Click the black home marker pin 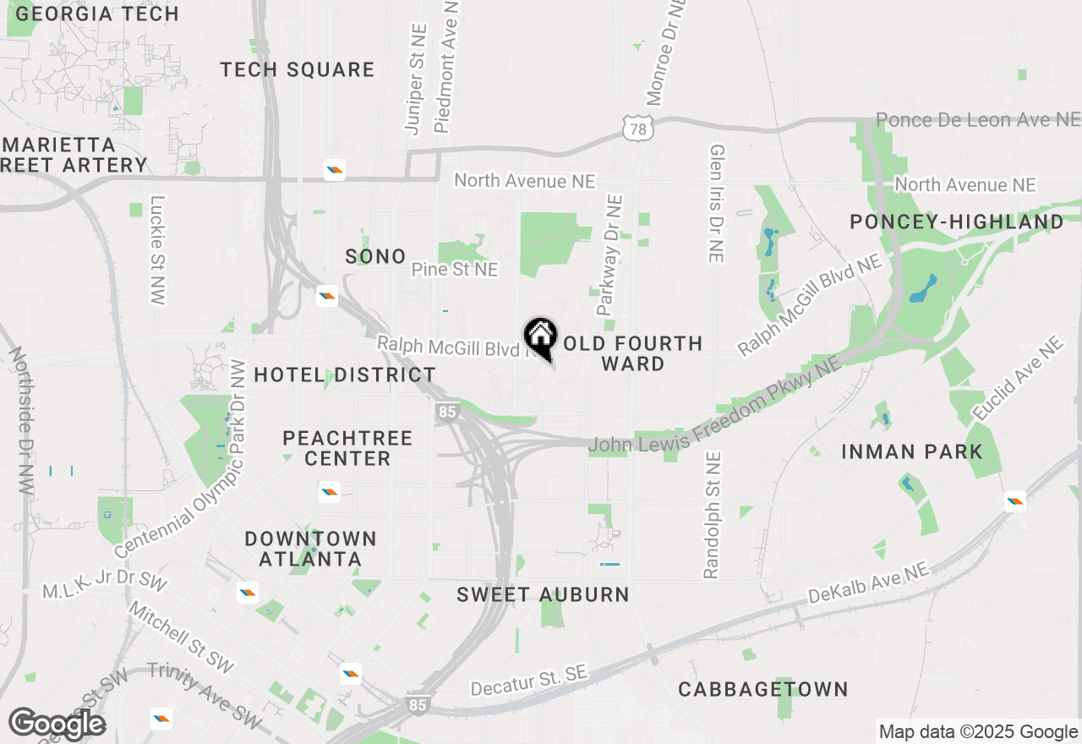pyautogui.click(x=540, y=336)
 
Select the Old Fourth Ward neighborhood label pyautogui.click(x=633, y=353)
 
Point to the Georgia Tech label pyautogui.click(x=98, y=14)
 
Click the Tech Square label pyautogui.click(x=298, y=70)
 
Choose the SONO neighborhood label pyautogui.click(x=375, y=257)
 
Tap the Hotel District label pyautogui.click(x=345, y=375)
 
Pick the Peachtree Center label pyautogui.click(x=347, y=448)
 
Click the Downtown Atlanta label pyautogui.click(x=310, y=549)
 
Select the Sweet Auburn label pyautogui.click(x=543, y=595)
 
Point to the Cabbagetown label pyautogui.click(x=763, y=690)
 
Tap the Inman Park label pyautogui.click(x=912, y=452)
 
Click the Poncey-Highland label pyautogui.click(x=957, y=222)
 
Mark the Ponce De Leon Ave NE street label pyautogui.click(x=978, y=120)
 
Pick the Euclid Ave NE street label pyautogui.click(x=1018, y=379)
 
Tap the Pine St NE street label pyautogui.click(x=455, y=270)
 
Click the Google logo pyautogui.click(x=57, y=724)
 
